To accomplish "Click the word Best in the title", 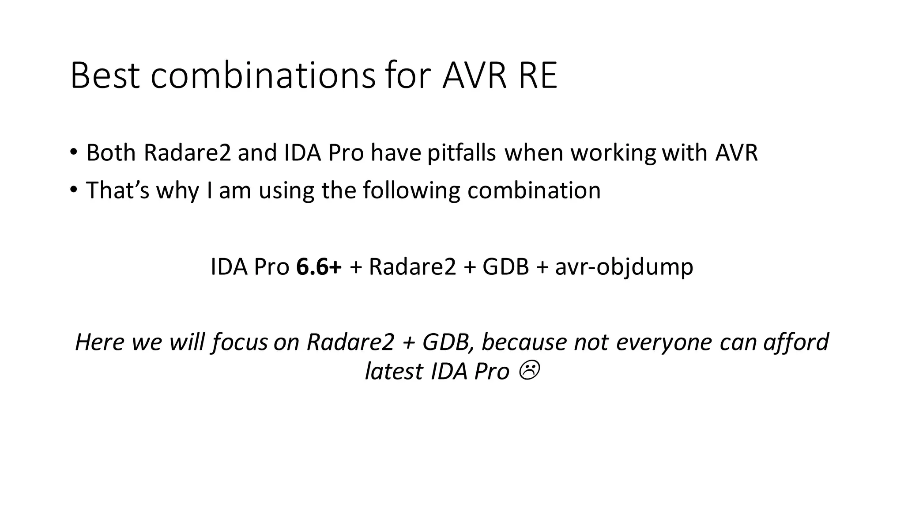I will point(105,76).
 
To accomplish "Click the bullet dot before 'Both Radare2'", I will point(73,152).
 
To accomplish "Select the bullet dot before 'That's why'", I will point(73,190).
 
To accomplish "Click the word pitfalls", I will point(461,153).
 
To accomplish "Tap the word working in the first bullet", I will point(613,153).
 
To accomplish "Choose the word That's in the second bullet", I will point(118,190).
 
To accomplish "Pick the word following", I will point(412,191).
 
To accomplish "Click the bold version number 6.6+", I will point(319,267).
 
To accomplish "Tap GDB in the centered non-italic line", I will point(505,267).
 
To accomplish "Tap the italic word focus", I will point(240,343).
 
